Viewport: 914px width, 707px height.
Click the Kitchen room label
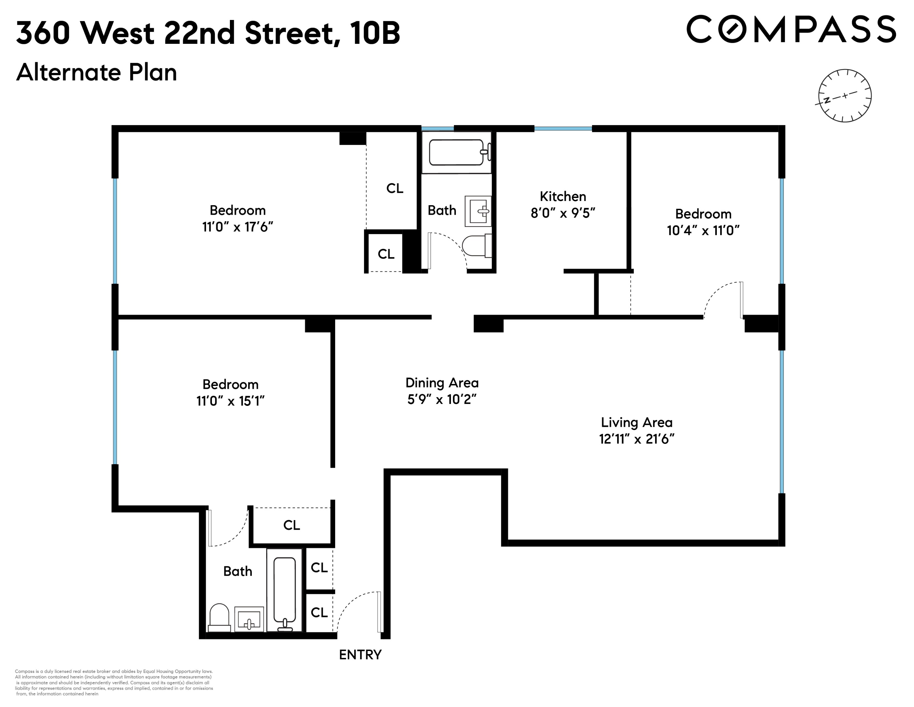(x=562, y=196)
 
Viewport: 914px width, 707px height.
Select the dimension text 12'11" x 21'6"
(x=637, y=439)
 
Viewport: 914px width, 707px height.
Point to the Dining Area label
(x=442, y=383)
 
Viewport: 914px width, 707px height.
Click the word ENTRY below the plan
(x=360, y=655)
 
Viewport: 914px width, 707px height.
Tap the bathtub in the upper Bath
(x=457, y=153)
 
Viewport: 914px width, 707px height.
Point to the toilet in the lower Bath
(x=219, y=617)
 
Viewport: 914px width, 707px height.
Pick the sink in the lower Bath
(x=249, y=619)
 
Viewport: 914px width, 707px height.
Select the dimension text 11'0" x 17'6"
(x=237, y=227)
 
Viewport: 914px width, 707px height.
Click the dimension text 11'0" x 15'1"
(x=231, y=401)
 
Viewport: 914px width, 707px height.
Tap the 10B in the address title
(x=375, y=33)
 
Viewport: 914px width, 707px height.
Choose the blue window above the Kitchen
(x=563, y=129)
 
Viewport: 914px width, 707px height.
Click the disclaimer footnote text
(x=114, y=683)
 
